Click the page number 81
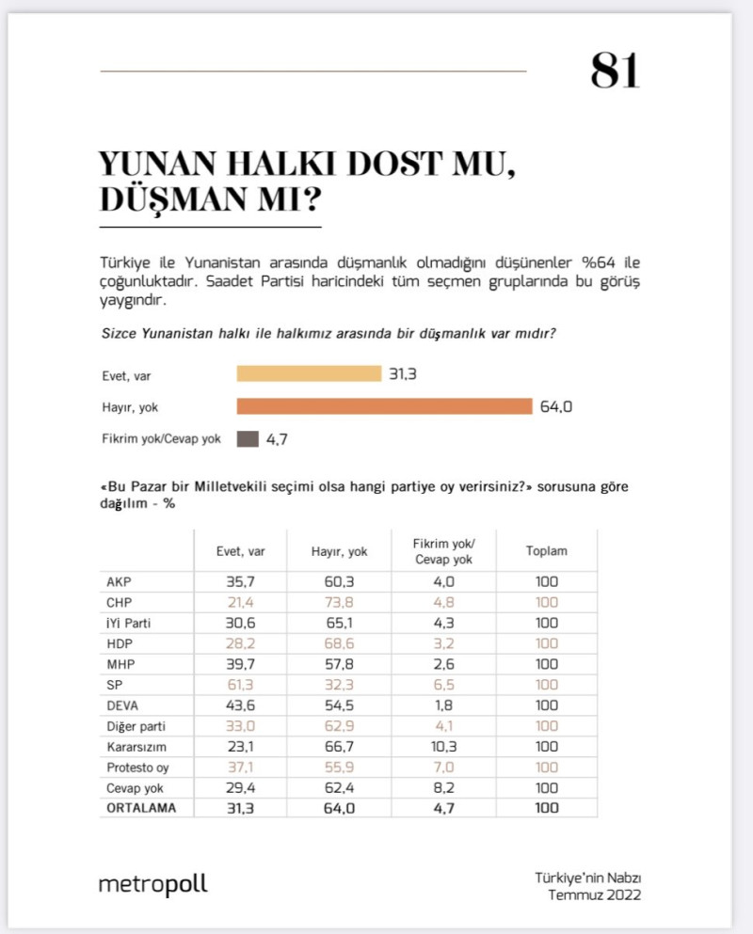pyautogui.click(x=615, y=71)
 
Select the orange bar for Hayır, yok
pyautogui.click(x=384, y=406)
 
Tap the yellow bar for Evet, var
pyautogui.click(x=308, y=374)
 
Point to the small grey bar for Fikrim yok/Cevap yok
pyautogui.click(x=248, y=438)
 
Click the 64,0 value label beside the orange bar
pyautogui.click(x=556, y=406)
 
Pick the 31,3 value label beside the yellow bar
pyautogui.click(x=402, y=374)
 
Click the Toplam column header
pyautogui.click(x=546, y=551)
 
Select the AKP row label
pyautogui.click(x=119, y=581)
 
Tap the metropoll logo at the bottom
pyautogui.click(x=152, y=884)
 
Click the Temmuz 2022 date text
pyautogui.click(x=595, y=894)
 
